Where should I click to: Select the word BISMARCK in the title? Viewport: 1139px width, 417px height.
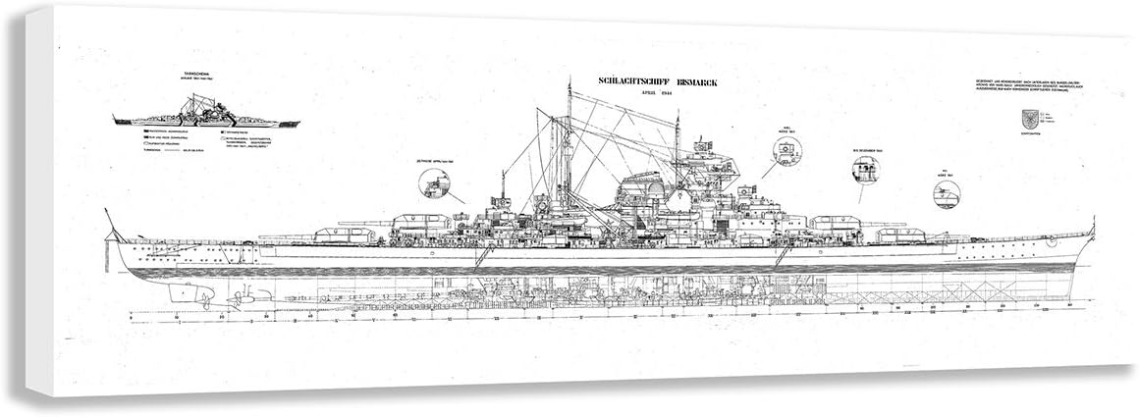pyautogui.click(x=693, y=84)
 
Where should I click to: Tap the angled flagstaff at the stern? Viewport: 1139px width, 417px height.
pyautogui.click(x=111, y=224)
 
